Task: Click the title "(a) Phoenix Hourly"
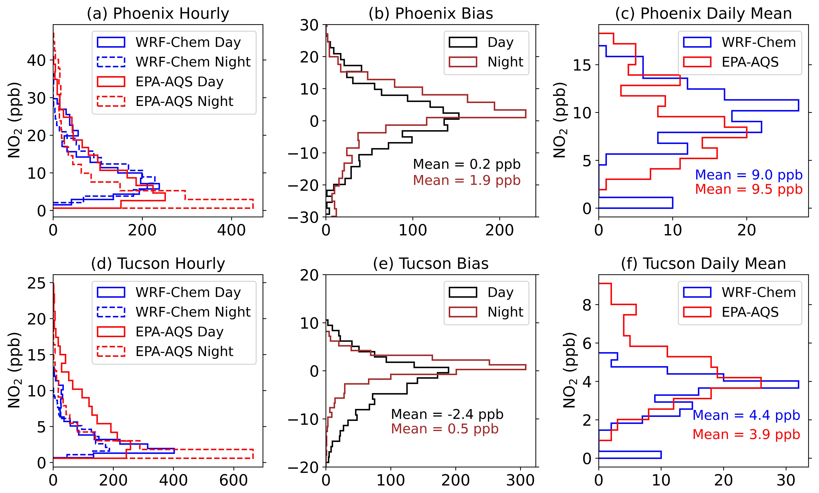click(158, 14)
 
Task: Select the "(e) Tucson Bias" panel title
click(431, 264)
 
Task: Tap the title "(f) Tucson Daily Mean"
click(703, 264)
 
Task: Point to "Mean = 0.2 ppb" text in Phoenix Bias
click(466, 164)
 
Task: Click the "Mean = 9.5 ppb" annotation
click(748, 189)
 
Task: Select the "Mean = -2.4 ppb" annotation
click(447, 414)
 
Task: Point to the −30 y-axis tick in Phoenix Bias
click(308, 218)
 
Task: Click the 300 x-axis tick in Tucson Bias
click(520, 480)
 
